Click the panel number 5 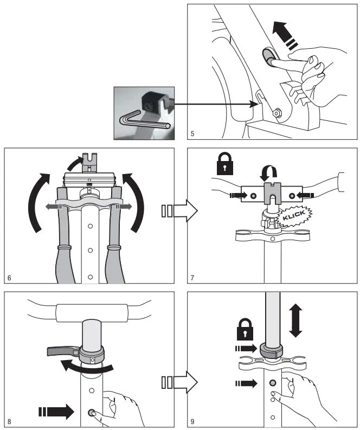pos(192,132)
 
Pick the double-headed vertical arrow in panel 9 pos(295,320)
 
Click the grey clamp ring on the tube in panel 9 pos(272,350)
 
